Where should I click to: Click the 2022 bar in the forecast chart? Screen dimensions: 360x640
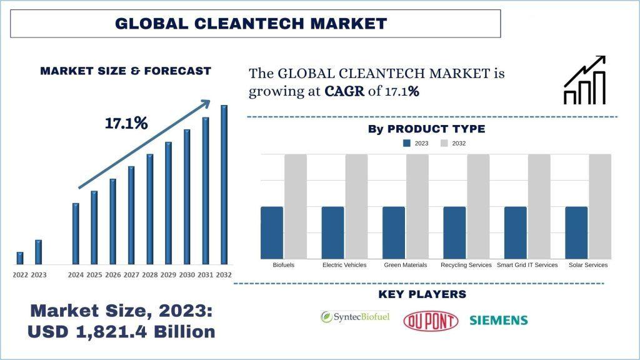(x=20, y=257)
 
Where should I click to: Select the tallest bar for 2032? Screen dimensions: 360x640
(x=224, y=184)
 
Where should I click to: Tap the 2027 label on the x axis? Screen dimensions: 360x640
(x=131, y=275)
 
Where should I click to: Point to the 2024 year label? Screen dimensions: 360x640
(x=76, y=275)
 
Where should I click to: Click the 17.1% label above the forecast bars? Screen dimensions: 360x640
(x=126, y=123)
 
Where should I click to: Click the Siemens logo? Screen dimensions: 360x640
(x=498, y=321)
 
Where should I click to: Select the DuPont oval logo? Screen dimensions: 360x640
(x=431, y=321)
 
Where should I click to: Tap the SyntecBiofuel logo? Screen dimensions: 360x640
(x=354, y=317)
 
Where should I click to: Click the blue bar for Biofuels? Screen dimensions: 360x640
(x=272, y=232)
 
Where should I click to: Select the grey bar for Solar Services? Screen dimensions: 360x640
(x=600, y=206)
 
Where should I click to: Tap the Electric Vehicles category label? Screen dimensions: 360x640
(x=344, y=265)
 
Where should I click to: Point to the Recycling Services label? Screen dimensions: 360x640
(x=466, y=265)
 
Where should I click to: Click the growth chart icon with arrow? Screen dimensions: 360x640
(x=585, y=80)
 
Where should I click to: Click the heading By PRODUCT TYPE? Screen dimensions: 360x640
(x=426, y=129)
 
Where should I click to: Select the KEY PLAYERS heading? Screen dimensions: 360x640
(x=422, y=294)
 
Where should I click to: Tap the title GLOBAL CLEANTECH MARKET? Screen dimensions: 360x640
(x=251, y=24)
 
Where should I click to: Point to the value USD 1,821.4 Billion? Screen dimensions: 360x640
(x=121, y=332)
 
